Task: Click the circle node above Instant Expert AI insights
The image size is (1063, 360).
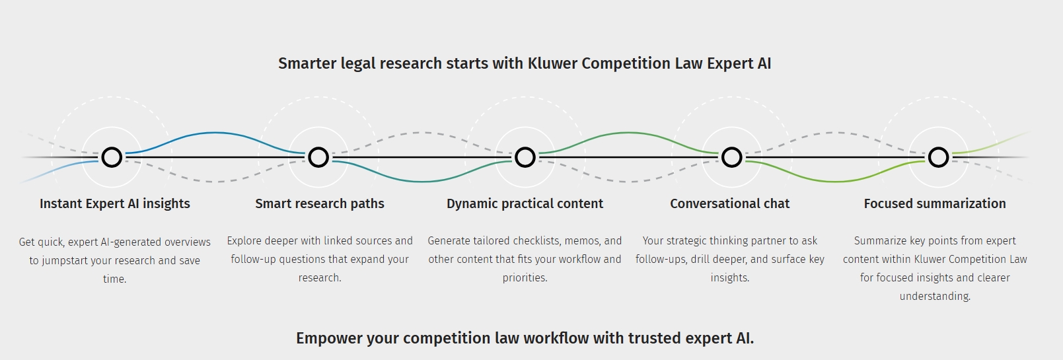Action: pyautogui.click(x=112, y=147)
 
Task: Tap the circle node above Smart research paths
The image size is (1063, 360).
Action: pyautogui.click(x=318, y=147)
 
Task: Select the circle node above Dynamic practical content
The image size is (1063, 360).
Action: pyautogui.click(x=525, y=147)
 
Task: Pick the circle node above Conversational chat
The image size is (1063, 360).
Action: pyautogui.click(x=732, y=147)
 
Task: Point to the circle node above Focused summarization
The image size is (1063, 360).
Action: pyautogui.click(x=938, y=147)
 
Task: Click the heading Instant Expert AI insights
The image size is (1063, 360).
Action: pyautogui.click(x=115, y=203)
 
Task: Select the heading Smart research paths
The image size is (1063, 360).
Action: pyautogui.click(x=320, y=203)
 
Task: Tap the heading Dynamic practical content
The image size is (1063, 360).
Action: pyautogui.click(x=525, y=203)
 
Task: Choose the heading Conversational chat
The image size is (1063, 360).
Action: pyautogui.click(x=730, y=203)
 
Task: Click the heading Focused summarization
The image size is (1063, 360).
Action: pyautogui.click(x=935, y=203)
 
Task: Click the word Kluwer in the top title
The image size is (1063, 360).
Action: pyautogui.click(x=552, y=63)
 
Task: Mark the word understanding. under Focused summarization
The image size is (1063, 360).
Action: pyautogui.click(x=935, y=297)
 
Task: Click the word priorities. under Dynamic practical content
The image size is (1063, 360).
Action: pyautogui.click(x=525, y=278)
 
